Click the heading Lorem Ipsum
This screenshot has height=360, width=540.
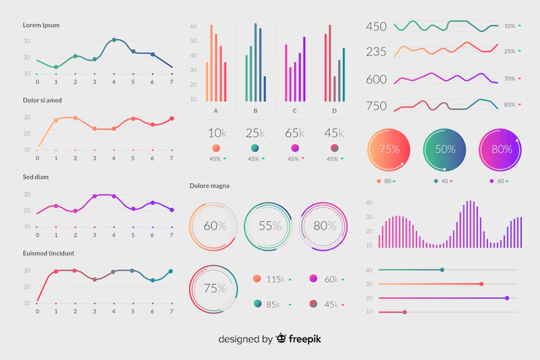42,25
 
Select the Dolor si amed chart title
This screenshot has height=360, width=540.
42,100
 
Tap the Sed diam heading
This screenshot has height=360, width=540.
36,176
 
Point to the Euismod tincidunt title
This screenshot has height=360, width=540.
48,253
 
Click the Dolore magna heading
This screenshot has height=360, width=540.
209,185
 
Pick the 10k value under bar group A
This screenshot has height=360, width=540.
216,133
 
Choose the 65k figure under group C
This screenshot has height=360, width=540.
295,133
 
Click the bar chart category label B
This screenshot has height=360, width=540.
255,111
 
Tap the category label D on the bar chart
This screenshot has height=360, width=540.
334,111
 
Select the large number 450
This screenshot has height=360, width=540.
377,27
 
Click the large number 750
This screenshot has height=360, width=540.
377,106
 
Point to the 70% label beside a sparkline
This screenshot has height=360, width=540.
509,78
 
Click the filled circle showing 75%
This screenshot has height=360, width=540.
389,149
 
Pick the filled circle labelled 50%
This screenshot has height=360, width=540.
445,149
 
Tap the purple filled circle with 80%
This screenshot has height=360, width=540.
501,149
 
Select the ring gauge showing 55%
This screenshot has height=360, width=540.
270,226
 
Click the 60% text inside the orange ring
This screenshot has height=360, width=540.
215,226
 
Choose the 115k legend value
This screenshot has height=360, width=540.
275,279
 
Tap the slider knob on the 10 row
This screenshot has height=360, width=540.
404,312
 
